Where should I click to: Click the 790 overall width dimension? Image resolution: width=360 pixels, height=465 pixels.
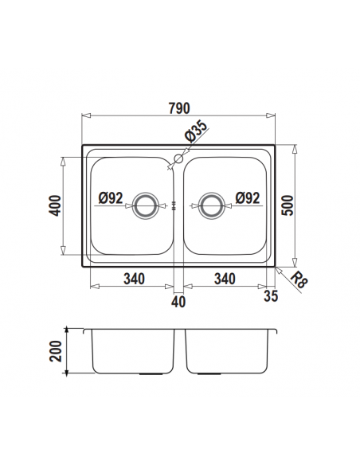179,108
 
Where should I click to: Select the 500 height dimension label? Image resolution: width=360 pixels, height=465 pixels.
287,205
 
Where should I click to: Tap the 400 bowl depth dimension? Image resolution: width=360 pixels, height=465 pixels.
56,205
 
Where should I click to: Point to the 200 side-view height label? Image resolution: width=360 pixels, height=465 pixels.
56,351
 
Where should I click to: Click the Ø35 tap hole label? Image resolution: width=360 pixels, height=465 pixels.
195,131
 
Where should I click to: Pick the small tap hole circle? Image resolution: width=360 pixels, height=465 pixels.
178,158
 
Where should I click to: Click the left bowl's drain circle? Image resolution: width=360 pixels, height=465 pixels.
145,205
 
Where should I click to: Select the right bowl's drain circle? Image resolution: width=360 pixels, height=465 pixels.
212,205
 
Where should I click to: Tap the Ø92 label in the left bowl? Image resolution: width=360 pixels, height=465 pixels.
111,197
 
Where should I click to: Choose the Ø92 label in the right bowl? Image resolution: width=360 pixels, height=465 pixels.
248,197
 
